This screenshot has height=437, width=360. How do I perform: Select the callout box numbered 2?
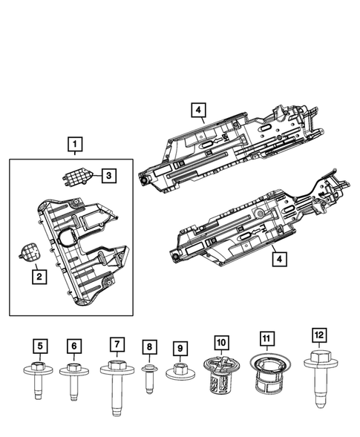(x=37, y=276)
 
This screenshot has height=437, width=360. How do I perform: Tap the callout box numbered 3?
(x=108, y=176)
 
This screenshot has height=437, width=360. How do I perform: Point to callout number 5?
(x=39, y=344)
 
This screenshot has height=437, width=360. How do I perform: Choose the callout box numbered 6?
(x=74, y=346)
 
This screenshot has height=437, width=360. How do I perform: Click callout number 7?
(x=116, y=344)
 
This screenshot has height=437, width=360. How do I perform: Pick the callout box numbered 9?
(x=179, y=347)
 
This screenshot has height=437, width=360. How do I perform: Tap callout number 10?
(x=220, y=344)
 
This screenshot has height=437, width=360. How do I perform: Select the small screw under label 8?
(x=148, y=374)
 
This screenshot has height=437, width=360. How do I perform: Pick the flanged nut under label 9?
(x=179, y=371)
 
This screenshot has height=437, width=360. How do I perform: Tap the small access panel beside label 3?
(x=76, y=178)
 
